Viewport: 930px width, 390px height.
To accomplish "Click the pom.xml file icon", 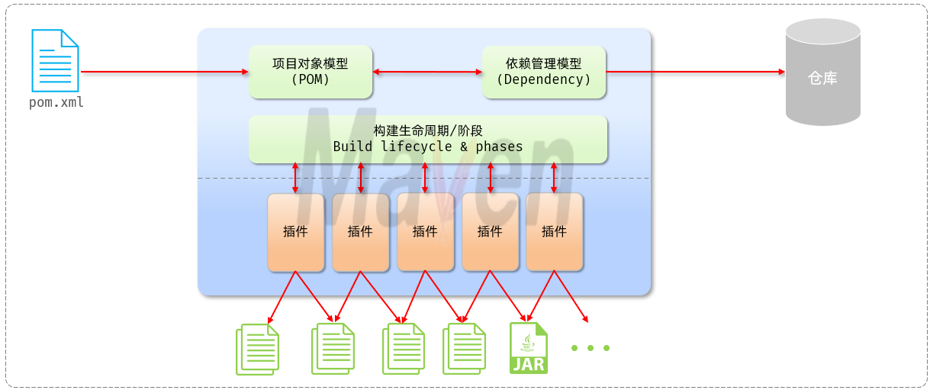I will [55, 60].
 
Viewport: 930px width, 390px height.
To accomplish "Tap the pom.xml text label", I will [56, 102].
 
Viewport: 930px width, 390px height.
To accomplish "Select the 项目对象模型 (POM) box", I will [311, 72].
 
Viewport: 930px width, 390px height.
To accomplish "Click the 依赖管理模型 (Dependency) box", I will [544, 72].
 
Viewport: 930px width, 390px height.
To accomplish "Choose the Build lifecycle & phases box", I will [428, 139].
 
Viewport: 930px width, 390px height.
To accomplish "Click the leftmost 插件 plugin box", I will [295, 232].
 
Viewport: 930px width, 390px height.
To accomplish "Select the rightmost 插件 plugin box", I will [554, 232].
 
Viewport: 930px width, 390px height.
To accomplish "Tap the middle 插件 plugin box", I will [425, 232].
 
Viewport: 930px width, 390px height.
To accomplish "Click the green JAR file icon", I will [529, 348].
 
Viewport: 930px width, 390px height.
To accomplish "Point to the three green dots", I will [591, 348].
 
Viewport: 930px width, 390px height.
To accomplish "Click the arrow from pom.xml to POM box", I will [164, 72].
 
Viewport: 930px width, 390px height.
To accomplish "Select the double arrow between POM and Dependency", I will [427, 72].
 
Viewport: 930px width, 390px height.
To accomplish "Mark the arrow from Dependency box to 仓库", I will [695, 72].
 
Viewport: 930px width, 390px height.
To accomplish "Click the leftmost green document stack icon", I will [257, 349].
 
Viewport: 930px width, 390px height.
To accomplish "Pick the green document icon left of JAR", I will [464, 349].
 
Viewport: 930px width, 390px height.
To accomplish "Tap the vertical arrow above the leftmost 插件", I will [295, 178].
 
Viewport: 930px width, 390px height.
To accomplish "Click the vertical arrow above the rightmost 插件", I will [554, 178].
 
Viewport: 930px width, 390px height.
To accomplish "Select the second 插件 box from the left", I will [360, 232].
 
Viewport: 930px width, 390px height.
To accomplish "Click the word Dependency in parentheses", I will [544, 79].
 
